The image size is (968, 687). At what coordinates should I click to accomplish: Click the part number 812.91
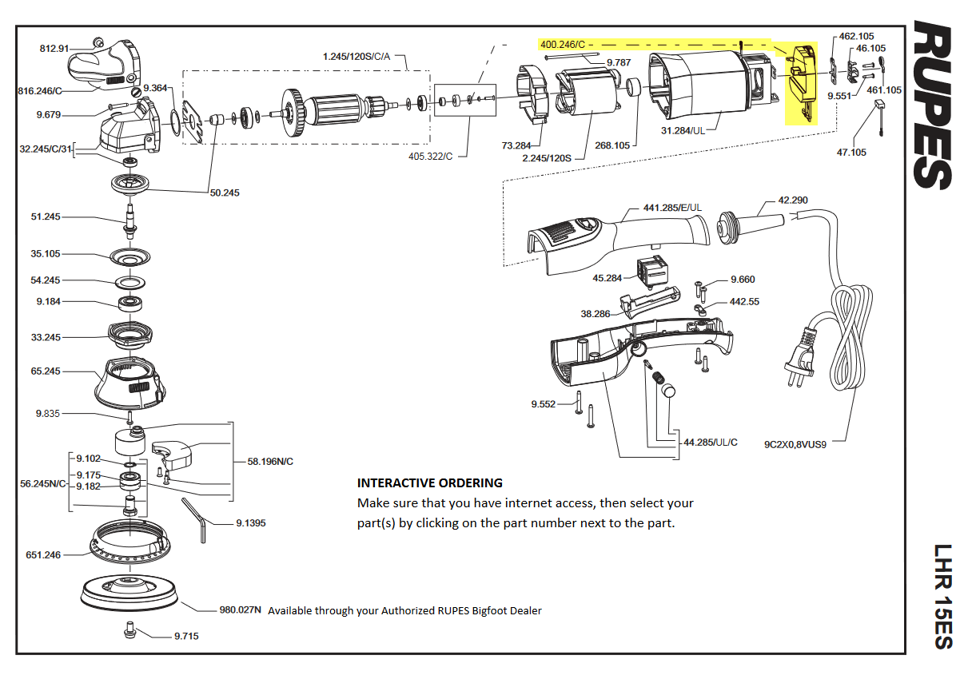pos(54,49)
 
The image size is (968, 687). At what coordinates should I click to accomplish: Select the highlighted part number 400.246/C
pos(563,45)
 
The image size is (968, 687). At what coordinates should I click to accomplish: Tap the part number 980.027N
pos(241,610)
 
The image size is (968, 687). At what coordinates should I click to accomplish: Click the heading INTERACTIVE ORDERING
pos(429,482)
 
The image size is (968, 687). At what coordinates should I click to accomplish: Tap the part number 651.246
pos(43,554)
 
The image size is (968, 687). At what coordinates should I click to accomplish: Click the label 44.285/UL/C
pos(711,442)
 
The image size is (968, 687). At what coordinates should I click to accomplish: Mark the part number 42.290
pos(792,199)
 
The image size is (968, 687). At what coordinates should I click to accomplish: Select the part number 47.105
pos(851,152)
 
